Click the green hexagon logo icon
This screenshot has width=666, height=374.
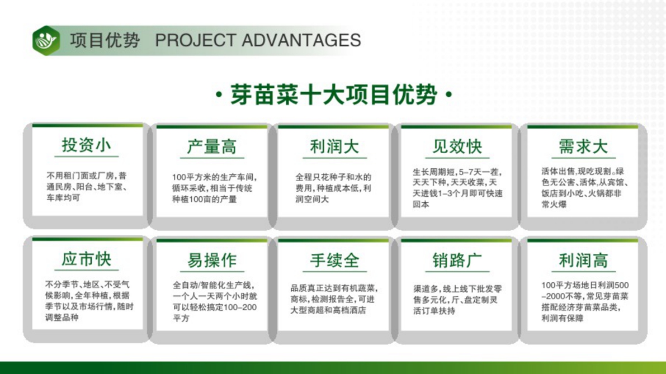(46, 40)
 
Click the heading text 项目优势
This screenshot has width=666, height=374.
(105, 40)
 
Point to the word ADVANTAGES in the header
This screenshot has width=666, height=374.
(301, 40)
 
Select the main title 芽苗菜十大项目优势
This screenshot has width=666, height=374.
(333, 94)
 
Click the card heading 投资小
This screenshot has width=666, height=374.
(86, 145)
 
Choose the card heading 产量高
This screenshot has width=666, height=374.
(211, 147)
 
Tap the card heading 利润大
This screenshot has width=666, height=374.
(334, 147)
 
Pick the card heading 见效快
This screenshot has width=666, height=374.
(457, 147)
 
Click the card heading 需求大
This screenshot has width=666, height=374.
(583, 147)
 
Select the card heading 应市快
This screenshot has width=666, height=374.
(86, 259)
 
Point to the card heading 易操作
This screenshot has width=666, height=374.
(211, 260)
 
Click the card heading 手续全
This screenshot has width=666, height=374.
(334, 260)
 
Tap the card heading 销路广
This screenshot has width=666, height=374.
(457, 260)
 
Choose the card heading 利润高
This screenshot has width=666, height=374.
(583, 260)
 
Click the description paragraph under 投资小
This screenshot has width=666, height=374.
(87, 187)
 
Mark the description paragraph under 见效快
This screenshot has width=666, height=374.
(457, 188)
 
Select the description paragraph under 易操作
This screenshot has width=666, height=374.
(215, 301)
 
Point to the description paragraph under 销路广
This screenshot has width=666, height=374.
(457, 300)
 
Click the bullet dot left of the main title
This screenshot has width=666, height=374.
(219, 94)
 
